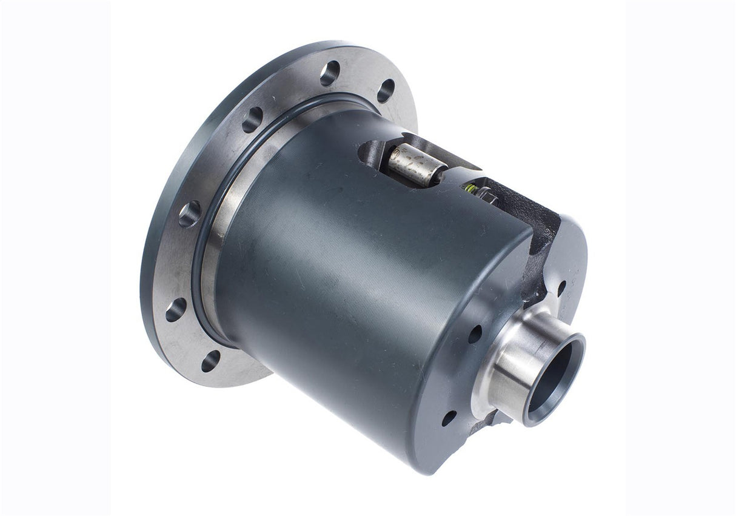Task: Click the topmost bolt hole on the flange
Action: (x=330, y=73)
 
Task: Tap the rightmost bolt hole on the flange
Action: (x=386, y=91)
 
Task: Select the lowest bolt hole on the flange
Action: (x=210, y=361)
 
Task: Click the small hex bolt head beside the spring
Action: (x=485, y=196)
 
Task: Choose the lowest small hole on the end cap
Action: (x=449, y=418)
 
